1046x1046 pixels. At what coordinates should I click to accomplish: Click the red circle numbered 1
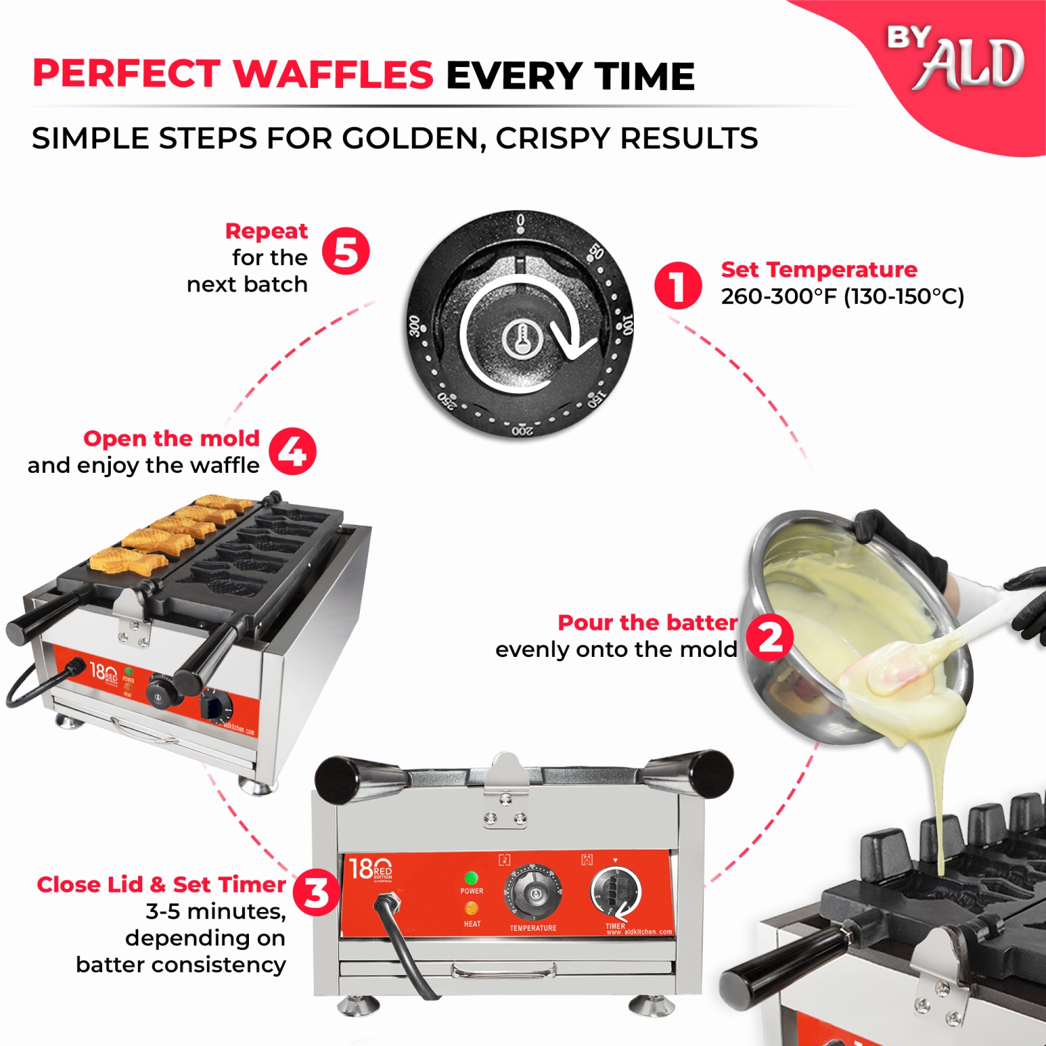pyautogui.click(x=677, y=286)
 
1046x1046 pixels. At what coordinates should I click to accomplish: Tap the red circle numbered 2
pyautogui.click(x=770, y=637)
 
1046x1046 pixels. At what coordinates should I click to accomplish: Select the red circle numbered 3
pyautogui.click(x=316, y=893)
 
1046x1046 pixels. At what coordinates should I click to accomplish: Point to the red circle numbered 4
pyautogui.click(x=293, y=451)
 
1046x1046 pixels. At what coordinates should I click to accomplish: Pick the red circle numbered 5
pyautogui.click(x=346, y=251)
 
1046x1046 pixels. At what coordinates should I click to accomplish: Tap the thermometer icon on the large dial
pyautogui.click(x=521, y=339)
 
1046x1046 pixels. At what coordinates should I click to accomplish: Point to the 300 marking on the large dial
pyautogui.click(x=415, y=326)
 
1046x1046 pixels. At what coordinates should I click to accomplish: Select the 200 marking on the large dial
pyautogui.click(x=522, y=431)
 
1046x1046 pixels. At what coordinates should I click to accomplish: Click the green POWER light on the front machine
pyautogui.click(x=471, y=877)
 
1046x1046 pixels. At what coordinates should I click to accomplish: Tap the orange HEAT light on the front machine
pyautogui.click(x=471, y=908)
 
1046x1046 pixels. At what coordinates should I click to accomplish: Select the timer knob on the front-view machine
pyautogui.click(x=616, y=890)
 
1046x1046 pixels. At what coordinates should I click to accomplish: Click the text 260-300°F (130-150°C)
pyautogui.click(x=842, y=296)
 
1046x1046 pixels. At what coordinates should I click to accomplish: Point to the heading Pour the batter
pyautogui.click(x=647, y=622)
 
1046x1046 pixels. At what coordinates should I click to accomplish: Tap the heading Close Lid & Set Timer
pyautogui.click(x=161, y=884)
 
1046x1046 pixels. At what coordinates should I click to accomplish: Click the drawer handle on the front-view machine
pyautogui.click(x=503, y=970)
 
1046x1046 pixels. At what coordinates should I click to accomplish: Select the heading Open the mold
pyautogui.click(x=172, y=438)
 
